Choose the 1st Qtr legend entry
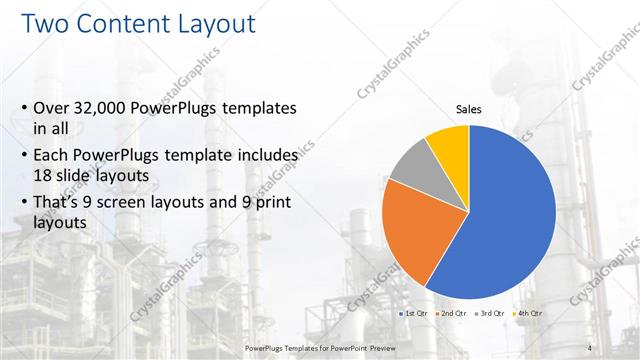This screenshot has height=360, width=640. tap(415, 314)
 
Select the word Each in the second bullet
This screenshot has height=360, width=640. tap(52, 156)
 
